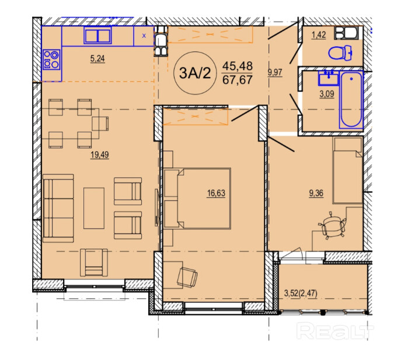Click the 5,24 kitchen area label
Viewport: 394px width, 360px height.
97,59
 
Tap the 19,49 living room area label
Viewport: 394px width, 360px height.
100,155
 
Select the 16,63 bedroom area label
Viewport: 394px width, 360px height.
216,194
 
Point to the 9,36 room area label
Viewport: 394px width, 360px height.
316,194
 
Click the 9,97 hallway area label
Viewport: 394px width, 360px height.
275,72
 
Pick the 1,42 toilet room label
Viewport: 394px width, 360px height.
319,35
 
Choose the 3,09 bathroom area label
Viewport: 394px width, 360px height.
327,94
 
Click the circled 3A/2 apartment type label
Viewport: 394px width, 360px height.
195,73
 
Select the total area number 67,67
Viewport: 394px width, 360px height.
238,80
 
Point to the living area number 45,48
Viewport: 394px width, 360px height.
238,66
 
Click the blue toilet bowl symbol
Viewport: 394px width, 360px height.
340,53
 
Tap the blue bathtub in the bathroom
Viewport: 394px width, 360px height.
351,100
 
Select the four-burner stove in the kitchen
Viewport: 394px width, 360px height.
51,60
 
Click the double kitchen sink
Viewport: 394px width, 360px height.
97,36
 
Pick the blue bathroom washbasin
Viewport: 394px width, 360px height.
329,78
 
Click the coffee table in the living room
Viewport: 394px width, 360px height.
94,208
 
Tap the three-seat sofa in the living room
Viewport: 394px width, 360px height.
58,208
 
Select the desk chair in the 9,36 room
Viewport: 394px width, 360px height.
332,226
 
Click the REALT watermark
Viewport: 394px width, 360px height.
336,331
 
